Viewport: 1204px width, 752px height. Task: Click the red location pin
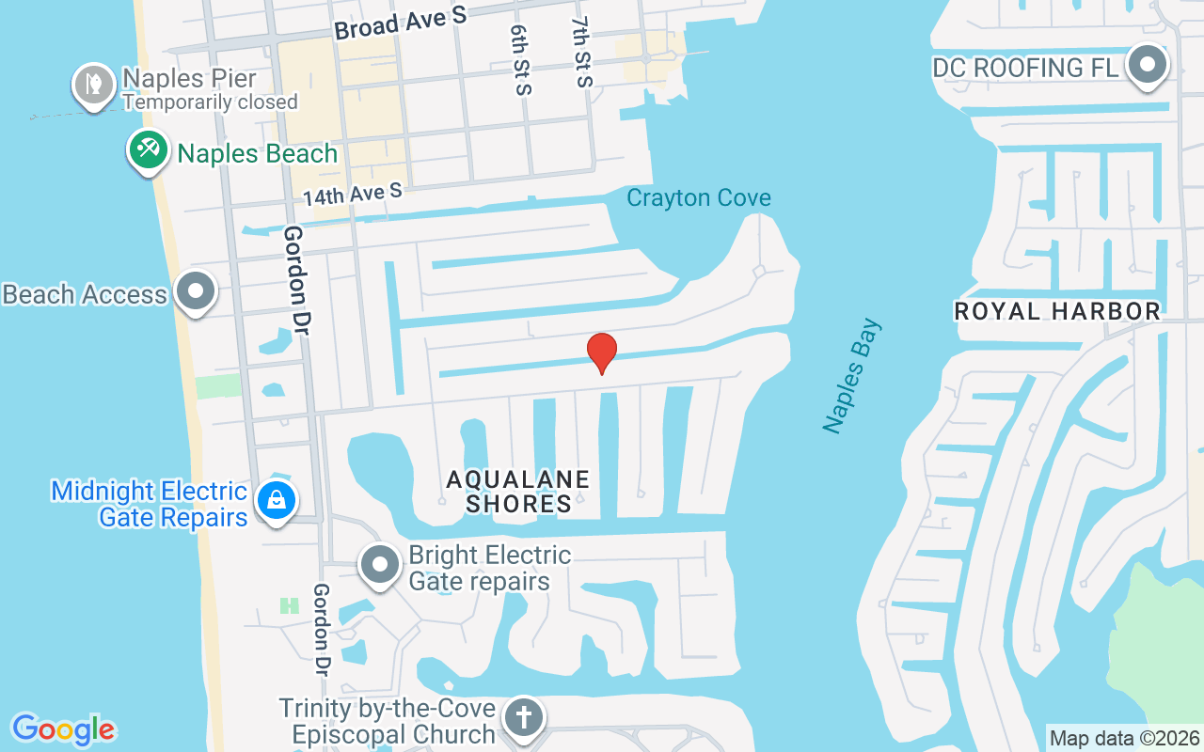602,352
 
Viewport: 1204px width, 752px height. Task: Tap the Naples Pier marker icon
93,85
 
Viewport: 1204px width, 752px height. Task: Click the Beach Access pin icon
196,290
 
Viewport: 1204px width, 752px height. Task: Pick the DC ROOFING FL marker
1148,66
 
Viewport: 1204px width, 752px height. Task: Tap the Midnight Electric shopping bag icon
277,500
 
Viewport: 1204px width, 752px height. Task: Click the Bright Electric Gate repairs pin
381,565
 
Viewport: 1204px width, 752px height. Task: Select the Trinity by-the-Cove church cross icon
523,718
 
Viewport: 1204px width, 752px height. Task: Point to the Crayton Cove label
699,198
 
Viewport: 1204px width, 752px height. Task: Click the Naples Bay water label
852,376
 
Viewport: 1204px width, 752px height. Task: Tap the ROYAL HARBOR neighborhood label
1057,311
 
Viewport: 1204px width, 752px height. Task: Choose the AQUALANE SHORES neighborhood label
518,492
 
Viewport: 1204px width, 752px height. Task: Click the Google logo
63,728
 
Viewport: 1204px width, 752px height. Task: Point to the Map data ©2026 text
1125,738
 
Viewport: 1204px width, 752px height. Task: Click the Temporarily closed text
211,102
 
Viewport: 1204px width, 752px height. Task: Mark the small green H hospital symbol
290,606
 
